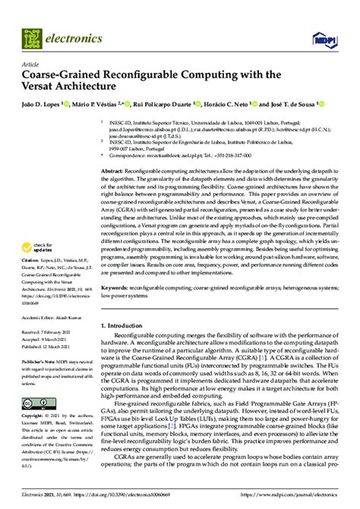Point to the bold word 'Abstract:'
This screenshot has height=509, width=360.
point(115,172)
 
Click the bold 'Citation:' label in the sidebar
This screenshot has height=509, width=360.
point(34,258)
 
